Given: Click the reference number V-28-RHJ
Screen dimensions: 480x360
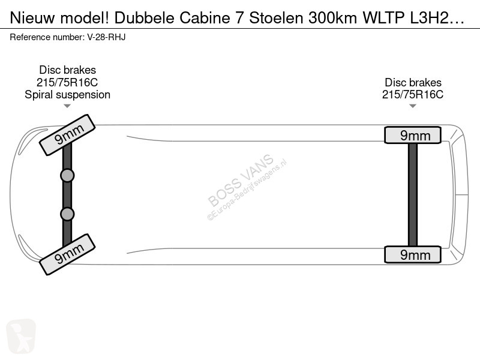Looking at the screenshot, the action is tap(106, 37).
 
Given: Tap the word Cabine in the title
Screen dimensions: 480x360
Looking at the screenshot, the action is tap(205, 18).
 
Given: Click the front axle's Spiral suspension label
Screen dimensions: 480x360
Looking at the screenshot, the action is tap(67, 95).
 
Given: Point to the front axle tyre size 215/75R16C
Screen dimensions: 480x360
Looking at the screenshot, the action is tap(67, 82).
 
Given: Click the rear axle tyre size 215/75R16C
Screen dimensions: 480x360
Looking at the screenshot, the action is tap(413, 95).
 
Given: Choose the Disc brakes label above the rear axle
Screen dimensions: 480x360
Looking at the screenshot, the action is tap(413, 82).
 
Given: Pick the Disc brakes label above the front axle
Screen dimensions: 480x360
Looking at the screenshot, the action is tap(67, 70).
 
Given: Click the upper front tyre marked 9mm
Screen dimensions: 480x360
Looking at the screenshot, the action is tap(67, 134).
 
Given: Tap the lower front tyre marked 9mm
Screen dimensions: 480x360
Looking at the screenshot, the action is tap(67, 254).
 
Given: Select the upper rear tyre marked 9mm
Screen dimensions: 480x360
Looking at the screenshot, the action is tap(413, 135).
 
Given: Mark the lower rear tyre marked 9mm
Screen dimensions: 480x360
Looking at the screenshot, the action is tap(413, 254).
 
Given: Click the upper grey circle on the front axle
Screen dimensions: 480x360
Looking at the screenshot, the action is tap(67, 176).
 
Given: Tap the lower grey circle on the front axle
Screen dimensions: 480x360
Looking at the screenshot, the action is tap(67, 214).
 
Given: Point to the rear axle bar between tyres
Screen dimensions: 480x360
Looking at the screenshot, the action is tap(413, 194).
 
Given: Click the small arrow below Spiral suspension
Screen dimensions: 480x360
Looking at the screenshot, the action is tap(67, 106).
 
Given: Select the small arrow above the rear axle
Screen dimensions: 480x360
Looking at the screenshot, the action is tap(413, 106).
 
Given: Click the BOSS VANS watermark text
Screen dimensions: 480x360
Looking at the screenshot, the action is tap(241, 180).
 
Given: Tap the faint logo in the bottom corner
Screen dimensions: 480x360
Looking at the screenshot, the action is tap(21, 336).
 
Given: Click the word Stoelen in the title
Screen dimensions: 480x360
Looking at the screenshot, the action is tap(277, 18).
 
